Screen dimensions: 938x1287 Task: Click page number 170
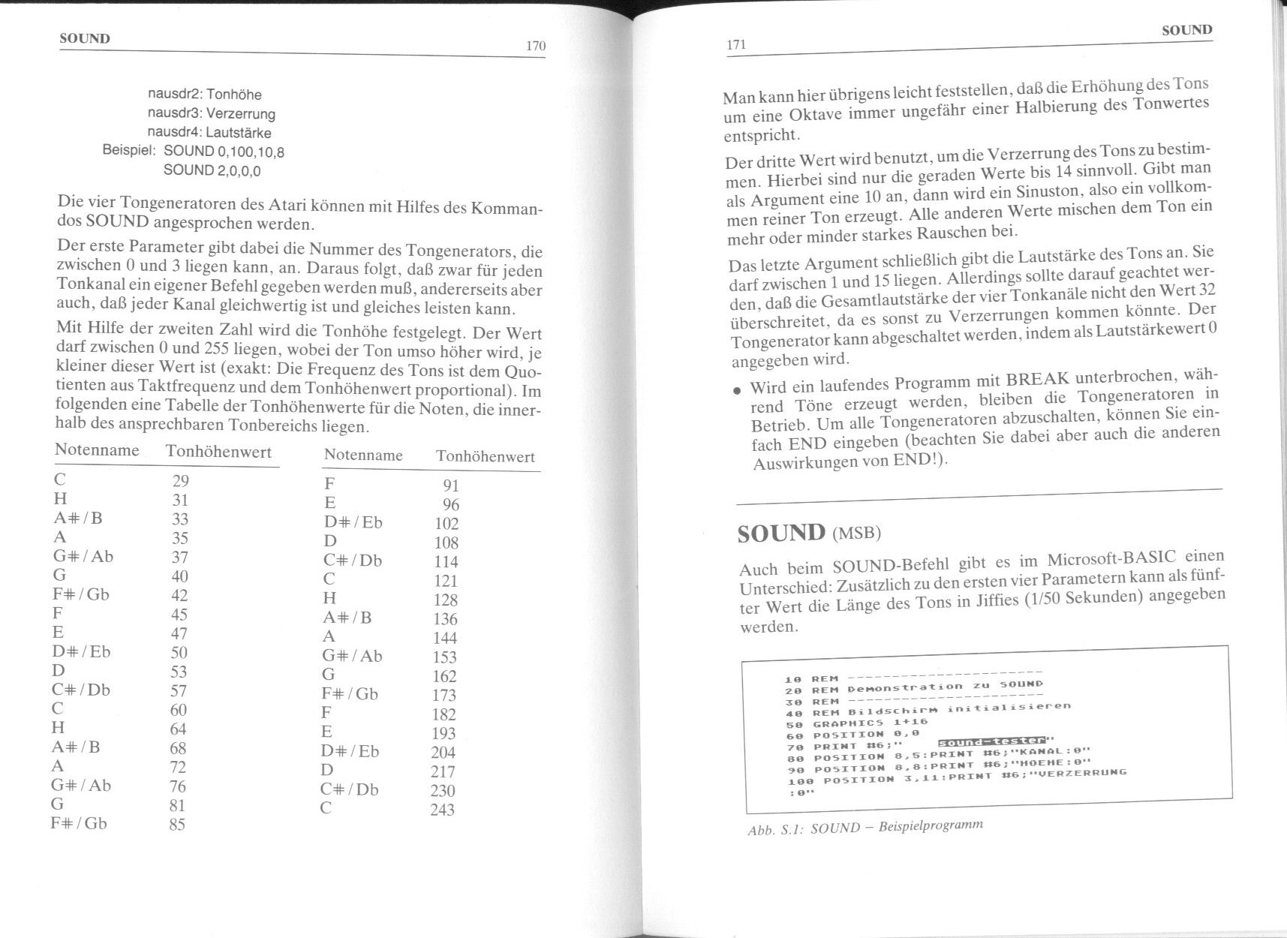click(x=535, y=46)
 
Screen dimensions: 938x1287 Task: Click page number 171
click(x=736, y=45)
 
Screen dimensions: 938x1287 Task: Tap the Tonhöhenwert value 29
click(x=180, y=481)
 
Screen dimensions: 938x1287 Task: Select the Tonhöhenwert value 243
click(x=442, y=810)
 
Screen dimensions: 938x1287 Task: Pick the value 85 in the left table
click(x=177, y=825)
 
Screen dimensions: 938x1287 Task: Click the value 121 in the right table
click(x=446, y=581)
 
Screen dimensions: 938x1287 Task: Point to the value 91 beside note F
click(x=451, y=486)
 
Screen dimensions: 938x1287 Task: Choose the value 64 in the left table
click(x=179, y=729)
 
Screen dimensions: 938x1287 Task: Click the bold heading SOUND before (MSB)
click(x=781, y=533)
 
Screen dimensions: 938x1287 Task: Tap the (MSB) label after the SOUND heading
click(x=856, y=534)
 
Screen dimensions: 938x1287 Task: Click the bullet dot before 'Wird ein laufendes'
click(x=738, y=391)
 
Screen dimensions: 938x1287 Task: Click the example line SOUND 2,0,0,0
click(x=212, y=170)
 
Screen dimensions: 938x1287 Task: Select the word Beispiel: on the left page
click(x=128, y=150)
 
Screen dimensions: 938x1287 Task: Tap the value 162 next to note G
click(x=444, y=676)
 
